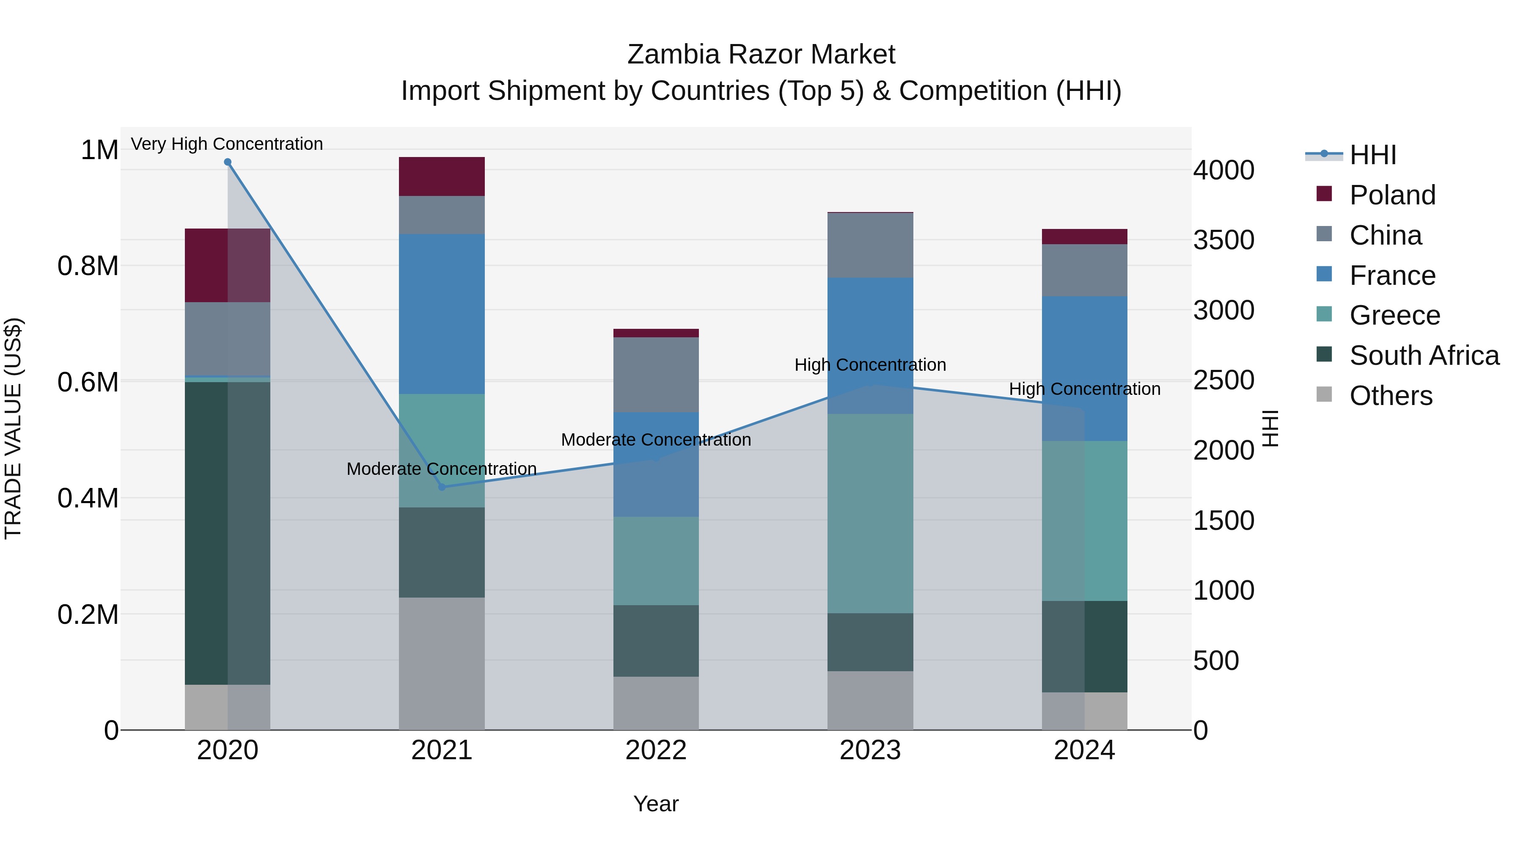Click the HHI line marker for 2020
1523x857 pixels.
coord(228,162)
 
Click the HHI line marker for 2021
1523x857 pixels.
coord(442,487)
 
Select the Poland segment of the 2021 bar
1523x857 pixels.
coord(442,176)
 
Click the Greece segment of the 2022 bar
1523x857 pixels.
coord(656,561)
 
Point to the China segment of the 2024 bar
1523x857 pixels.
coord(1084,270)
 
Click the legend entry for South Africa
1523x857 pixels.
coord(1424,355)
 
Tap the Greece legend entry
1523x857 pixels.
coord(1394,315)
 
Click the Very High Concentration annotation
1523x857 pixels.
coord(227,144)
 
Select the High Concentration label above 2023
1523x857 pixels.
coord(870,365)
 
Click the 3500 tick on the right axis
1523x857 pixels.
coord(1223,240)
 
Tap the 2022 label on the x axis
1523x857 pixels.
coord(656,750)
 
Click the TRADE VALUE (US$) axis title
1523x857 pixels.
coord(13,428)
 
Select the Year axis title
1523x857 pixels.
coord(656,804)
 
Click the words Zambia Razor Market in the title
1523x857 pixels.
coord(761,55)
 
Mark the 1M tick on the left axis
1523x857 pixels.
coord(99,150)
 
